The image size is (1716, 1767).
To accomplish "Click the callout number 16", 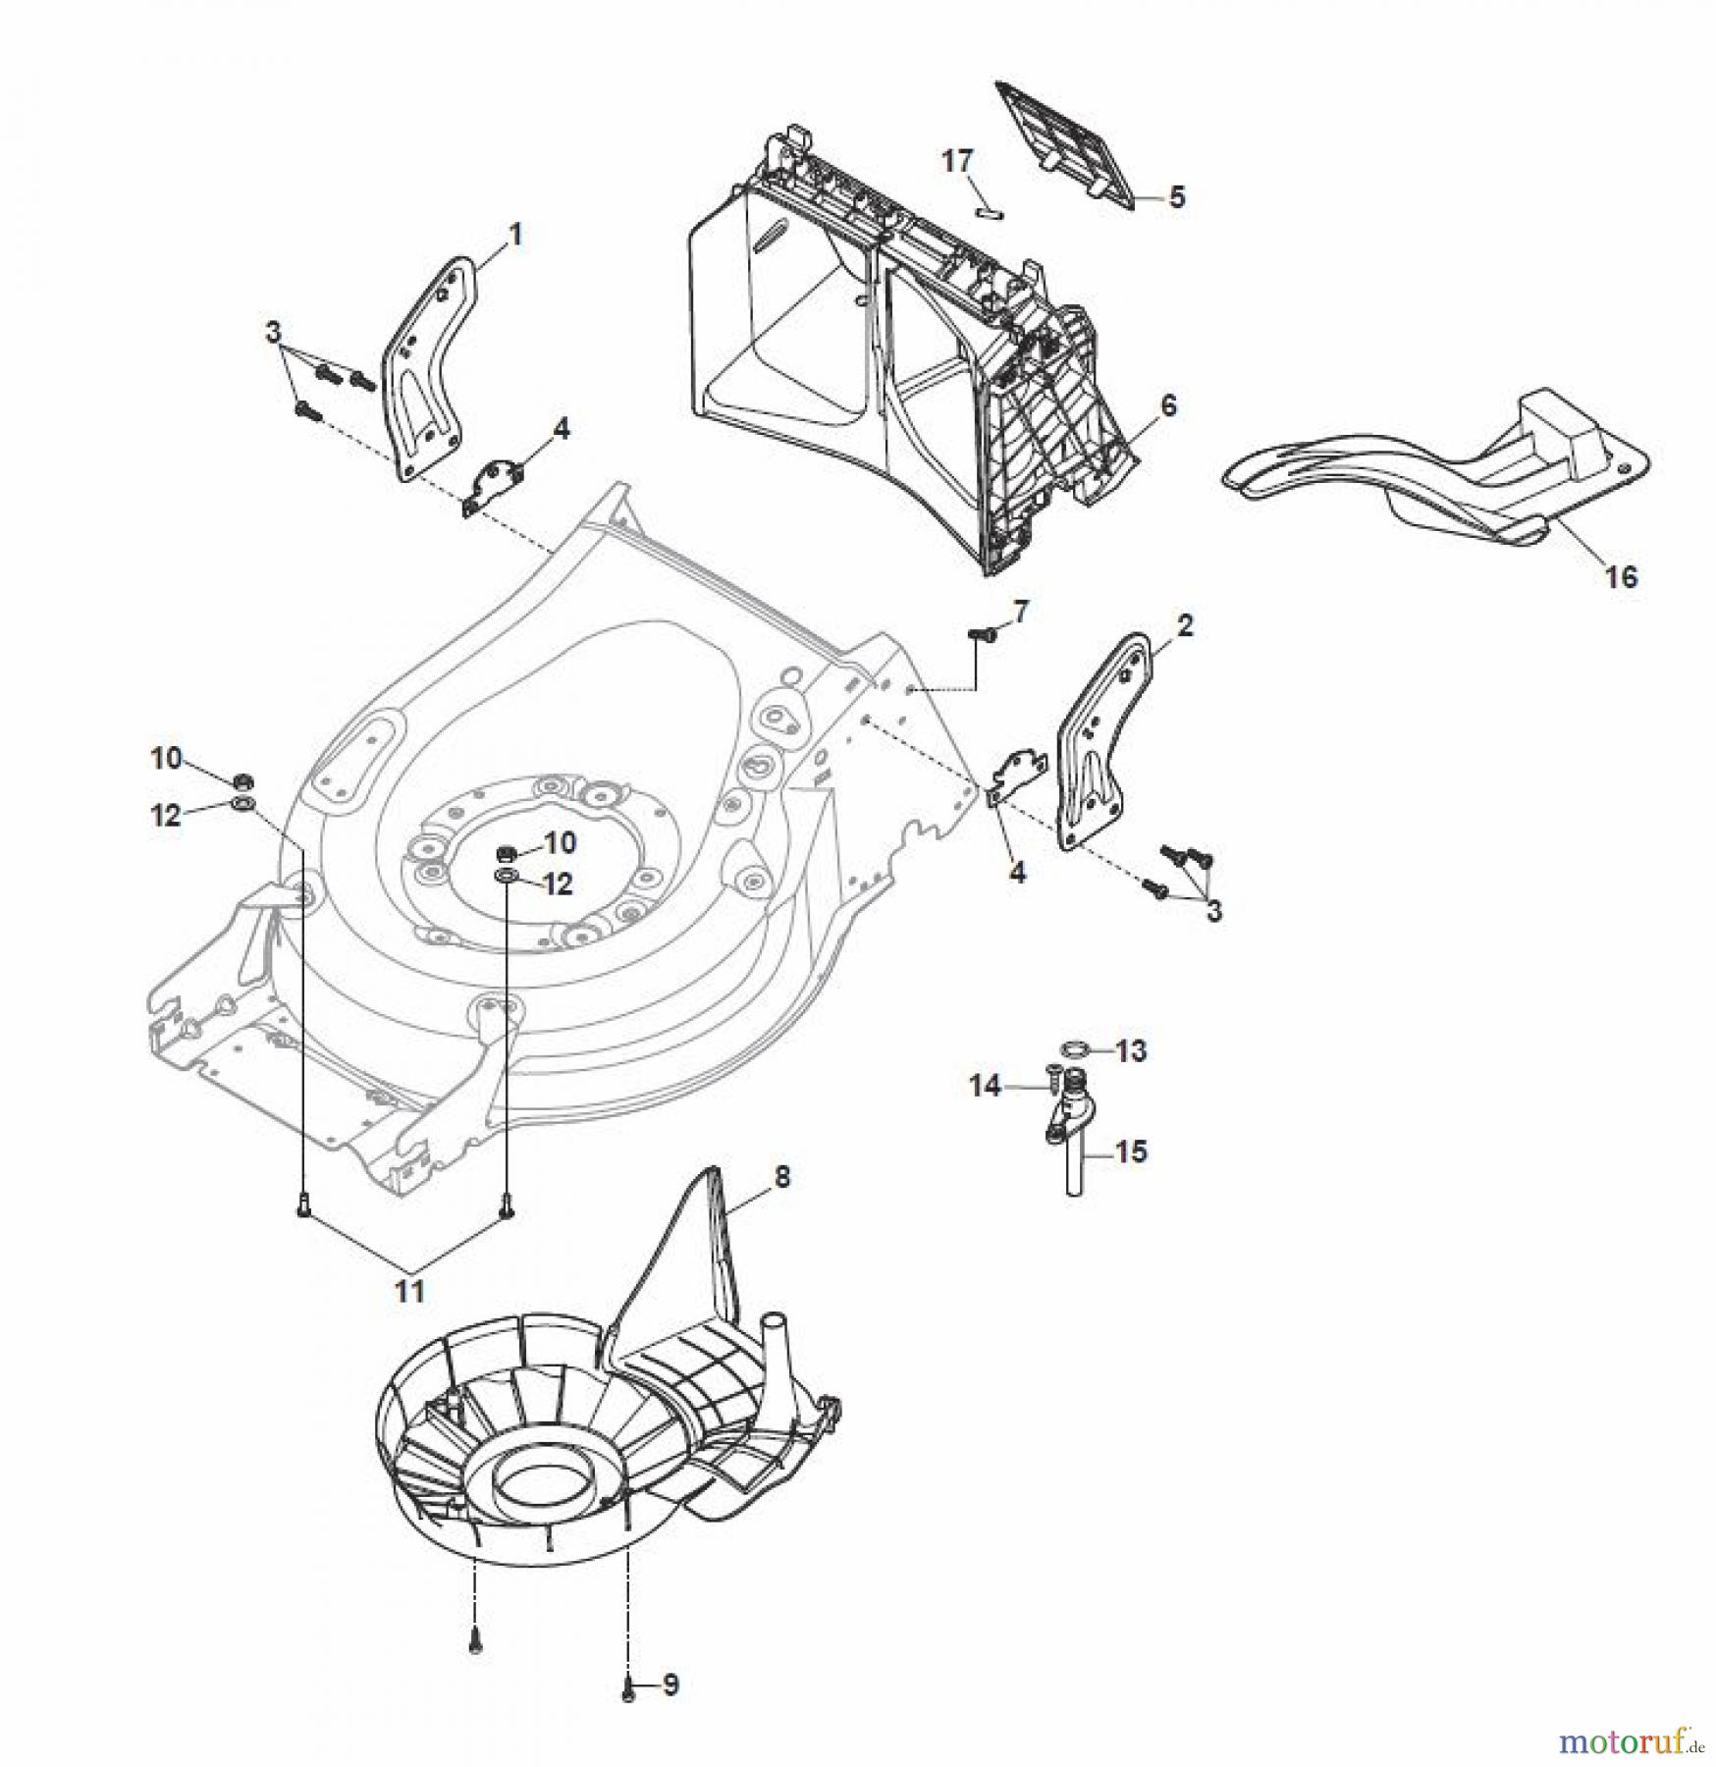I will pos(1621,576).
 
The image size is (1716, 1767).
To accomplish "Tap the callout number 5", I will pos(1176,197).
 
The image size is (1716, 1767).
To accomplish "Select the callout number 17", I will pos(957,160).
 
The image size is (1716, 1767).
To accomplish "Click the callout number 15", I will pos(1131,1151).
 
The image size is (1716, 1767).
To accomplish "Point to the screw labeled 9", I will pos(628,1689).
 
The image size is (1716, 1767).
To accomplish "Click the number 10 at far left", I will pos(166,758).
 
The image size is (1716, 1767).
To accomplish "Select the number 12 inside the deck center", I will pos(558,884).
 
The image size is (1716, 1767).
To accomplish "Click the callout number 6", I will pos(1167,405).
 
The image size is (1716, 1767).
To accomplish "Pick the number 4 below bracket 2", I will pos(1017,872).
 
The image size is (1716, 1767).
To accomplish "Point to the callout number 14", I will pos(985,1086).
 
